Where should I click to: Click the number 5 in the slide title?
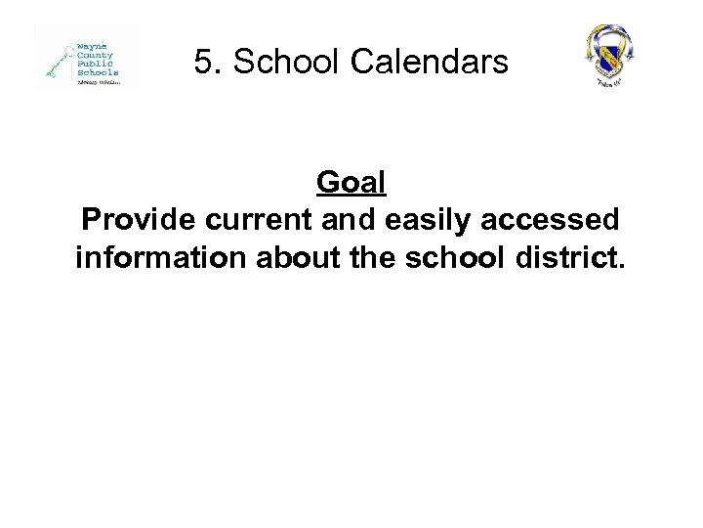coord(201,63)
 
